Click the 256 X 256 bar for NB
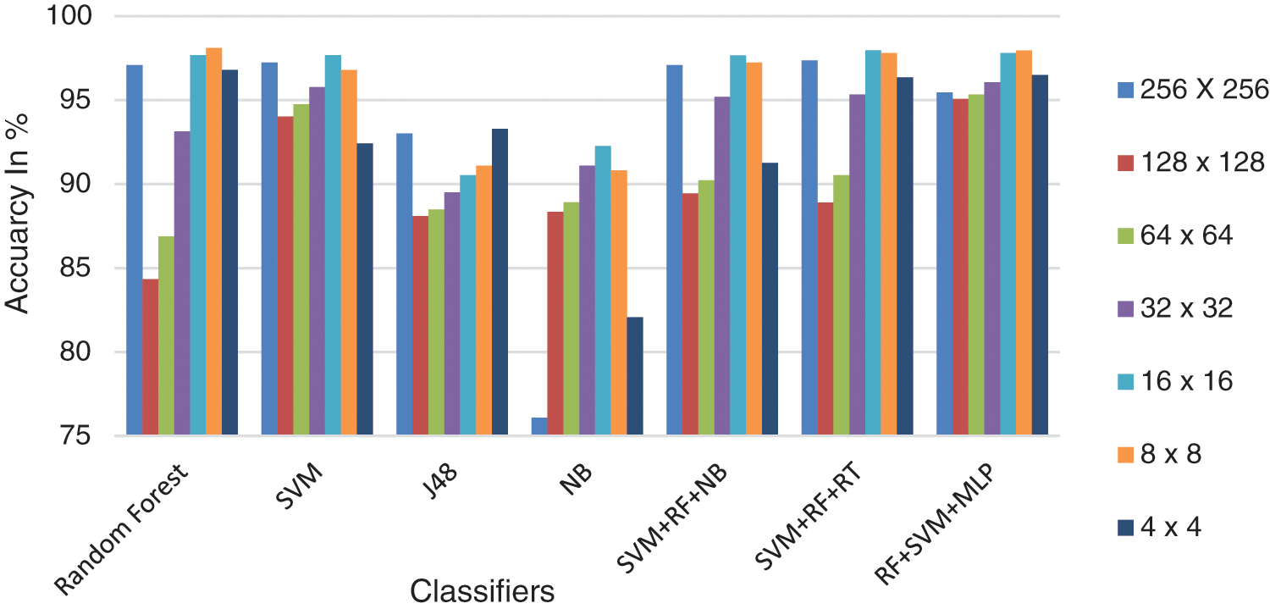point(539,427)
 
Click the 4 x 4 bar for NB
point(635,376)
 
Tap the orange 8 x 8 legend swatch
point(1124,456)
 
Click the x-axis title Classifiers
point(483,590)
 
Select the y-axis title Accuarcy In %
point(19,227)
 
